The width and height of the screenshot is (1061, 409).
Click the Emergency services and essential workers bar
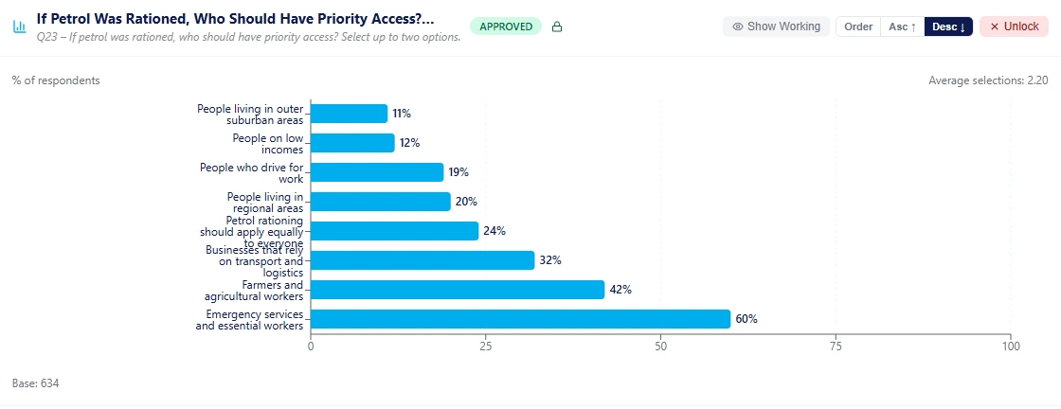(520, 319)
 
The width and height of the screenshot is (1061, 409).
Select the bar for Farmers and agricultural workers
(458, 290)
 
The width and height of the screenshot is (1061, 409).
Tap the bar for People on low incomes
(352, 143)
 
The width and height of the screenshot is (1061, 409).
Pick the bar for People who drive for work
(377, 172)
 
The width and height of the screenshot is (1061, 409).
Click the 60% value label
(746, 319)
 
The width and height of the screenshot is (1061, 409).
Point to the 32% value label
(550, 260)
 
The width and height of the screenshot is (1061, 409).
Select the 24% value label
(495, 231)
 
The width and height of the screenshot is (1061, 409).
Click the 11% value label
(402, 114)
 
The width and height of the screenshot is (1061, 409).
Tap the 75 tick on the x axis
(836, 347)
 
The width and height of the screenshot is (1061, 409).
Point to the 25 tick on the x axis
(486, 347)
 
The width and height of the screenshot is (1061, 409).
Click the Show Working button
(776, 27)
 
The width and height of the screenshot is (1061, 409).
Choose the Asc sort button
(902, 27)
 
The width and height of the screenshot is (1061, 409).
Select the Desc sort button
(948, 27)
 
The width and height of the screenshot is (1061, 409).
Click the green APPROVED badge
(506, 27)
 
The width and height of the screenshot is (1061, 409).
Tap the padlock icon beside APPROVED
(557, 27)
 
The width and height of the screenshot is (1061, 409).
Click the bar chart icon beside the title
(20, 27)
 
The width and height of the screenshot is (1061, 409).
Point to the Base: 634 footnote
(36, 383)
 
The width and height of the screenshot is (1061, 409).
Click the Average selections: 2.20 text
(988, 80)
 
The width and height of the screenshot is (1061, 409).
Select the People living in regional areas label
(265, 202)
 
